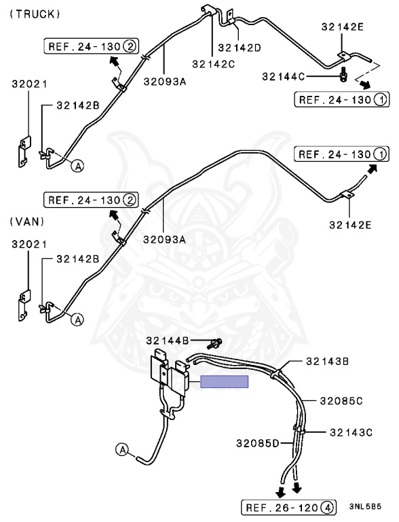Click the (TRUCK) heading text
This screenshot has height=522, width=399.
(35, 14)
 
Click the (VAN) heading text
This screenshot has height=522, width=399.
(27, 222)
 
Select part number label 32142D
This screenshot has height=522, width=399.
(240, 48)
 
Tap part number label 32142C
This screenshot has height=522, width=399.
(214, 64)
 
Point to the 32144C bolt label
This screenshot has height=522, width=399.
(283, 77)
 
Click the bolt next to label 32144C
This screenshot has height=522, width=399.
(343, 74)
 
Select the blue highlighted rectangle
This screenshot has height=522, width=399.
(224, 381)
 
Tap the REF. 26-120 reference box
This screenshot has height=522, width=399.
(288, 507)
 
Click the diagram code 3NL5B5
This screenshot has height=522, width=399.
(365, 506)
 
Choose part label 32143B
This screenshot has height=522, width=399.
(327, 361)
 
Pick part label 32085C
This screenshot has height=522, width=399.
(341, 401)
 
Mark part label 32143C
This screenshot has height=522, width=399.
(351, 432)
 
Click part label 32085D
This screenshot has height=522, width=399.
(258, 443)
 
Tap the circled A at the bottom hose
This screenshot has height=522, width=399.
(123, 450)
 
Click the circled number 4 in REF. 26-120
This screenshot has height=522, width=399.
(327, 508)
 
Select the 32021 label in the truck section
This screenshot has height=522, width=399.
(30, 84)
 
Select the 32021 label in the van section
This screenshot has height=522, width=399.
(30, 245)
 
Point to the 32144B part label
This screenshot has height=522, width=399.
(168, 341)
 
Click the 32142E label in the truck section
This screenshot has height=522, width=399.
(343, 27)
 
